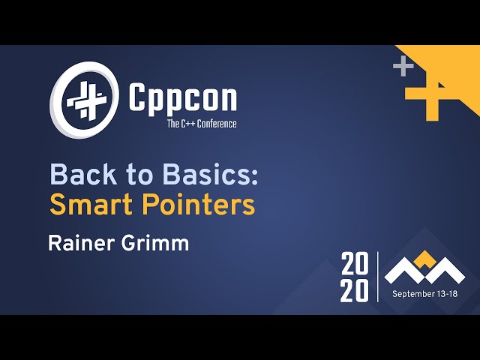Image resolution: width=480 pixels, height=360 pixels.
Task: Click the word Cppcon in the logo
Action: point(183,97)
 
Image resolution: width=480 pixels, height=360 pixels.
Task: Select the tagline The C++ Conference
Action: point(201,124)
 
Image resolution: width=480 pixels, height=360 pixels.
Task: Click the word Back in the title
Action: point(77,175)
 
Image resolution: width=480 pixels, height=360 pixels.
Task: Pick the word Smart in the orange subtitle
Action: point(84,204)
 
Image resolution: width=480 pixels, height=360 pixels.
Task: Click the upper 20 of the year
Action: point(355,264)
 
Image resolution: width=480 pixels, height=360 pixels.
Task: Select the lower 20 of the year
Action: point(355,290)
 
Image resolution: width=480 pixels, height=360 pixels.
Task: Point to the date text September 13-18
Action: point(424,294)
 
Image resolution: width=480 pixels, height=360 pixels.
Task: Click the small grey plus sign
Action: point(403,67)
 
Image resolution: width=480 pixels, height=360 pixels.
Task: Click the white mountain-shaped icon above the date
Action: point(424,268)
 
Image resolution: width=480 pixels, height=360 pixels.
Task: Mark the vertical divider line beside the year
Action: point(379,277)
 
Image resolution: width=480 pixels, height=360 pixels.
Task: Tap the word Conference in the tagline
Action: point(216,124)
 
